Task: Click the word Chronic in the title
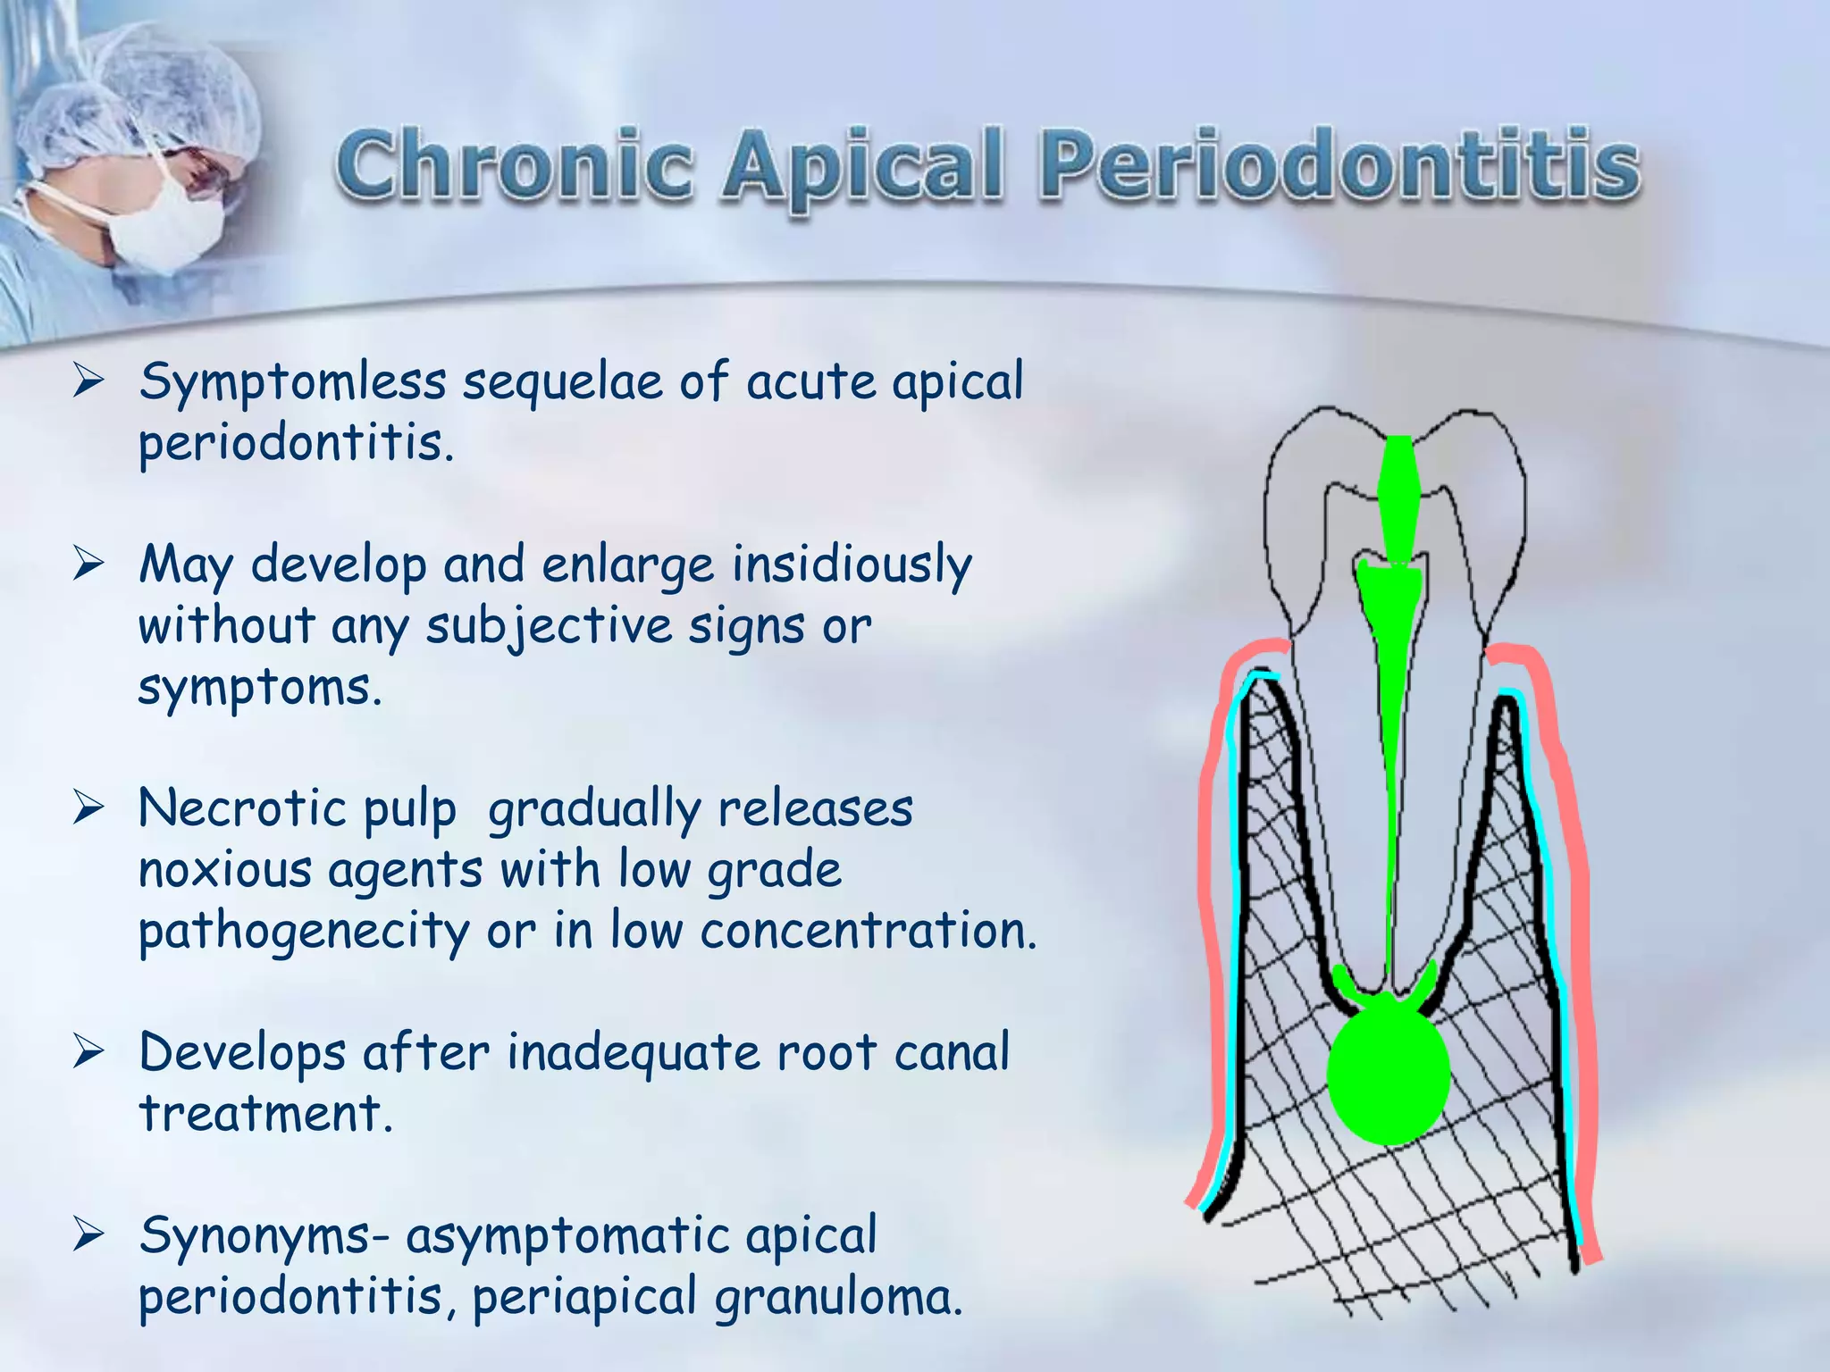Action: tap(516, 166)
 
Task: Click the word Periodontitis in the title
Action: tap(1340, 166)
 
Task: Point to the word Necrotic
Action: tap(242, 809)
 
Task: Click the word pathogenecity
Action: tap(303, 933)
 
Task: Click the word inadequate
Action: tap(634, 1053)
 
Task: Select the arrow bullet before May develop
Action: tap(89, 565)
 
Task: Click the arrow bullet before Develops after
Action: tap(89, 1052)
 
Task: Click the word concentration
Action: tap(868, 932)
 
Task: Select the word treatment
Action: tap(265, 1115)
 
